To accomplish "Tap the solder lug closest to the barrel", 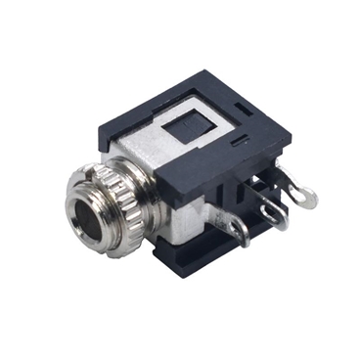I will [237, 230].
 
